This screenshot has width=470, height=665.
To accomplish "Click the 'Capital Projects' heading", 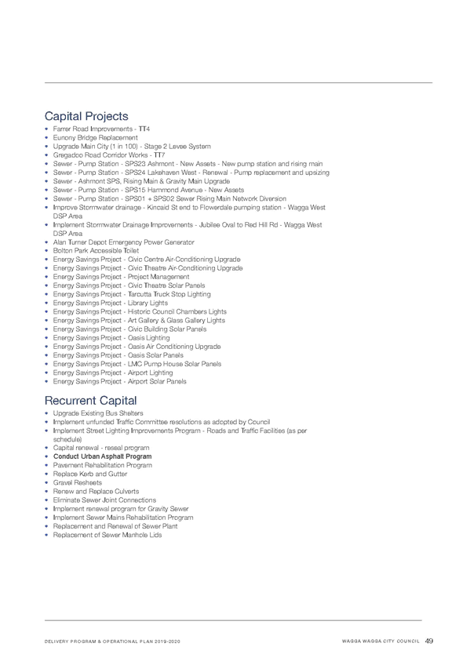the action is [x=86, y=116].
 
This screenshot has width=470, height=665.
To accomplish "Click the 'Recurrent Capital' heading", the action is [x=91, y=401].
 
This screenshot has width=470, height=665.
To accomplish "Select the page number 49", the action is [x=429, y=641].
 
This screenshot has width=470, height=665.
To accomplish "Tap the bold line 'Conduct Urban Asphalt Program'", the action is [x=102, y=456].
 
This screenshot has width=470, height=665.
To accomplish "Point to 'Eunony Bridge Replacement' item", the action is [x=96, y=138].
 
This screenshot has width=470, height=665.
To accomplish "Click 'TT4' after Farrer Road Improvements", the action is [x=144, y=129].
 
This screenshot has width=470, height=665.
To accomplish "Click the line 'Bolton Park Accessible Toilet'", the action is [x=96, y=251].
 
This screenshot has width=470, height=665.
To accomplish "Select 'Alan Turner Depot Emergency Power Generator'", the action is [x=123, y=242].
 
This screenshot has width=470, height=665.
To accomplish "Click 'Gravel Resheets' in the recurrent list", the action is [x=77, y=482].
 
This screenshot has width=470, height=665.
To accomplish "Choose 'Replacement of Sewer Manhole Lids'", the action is [x=107, y=536].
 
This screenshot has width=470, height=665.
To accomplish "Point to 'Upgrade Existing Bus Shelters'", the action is [x=98, y=413].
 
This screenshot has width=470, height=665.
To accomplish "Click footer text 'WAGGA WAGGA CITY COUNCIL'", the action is [x=381, y=641].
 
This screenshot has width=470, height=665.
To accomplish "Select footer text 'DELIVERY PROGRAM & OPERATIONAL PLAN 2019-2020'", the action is [x=112, y=641].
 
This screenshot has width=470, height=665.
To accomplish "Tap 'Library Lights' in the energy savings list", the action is [x=148, y=303].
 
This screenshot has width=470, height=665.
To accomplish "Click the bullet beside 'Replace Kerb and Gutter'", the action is [x=46, y=474].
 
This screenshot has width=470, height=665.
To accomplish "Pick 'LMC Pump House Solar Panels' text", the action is [x=174, y=364].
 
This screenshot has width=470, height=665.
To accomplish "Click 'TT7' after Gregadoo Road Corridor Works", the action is [x=159, y=155].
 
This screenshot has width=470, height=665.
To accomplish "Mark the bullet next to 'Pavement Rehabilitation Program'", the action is [x=46, y=465].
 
